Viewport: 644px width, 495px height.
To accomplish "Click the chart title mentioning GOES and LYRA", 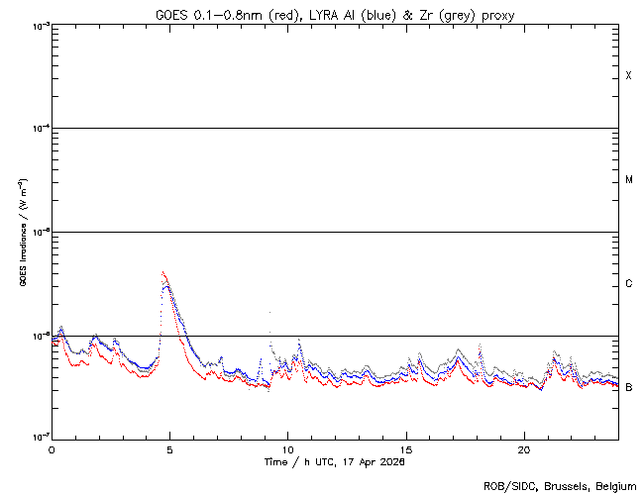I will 335,15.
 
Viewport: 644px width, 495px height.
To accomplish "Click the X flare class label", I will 629,76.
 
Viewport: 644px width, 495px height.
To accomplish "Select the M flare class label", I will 629,180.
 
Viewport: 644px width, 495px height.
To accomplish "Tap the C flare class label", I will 629,284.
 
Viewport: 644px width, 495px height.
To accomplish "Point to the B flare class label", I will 629,387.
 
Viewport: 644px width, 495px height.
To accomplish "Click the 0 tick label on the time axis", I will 52,448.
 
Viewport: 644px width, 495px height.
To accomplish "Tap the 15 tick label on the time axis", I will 406,448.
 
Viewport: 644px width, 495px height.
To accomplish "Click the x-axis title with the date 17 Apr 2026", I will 335,462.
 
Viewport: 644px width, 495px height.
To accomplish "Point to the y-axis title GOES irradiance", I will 22,233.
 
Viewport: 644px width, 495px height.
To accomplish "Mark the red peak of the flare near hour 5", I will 162,272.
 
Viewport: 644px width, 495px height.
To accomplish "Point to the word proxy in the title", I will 497,15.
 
